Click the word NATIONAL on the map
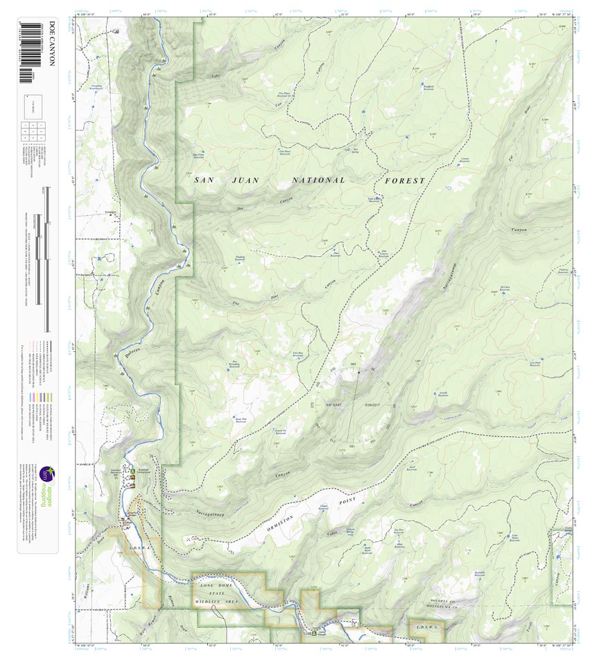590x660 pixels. tap(318, 180)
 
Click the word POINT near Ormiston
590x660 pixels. tap(347, 500)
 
